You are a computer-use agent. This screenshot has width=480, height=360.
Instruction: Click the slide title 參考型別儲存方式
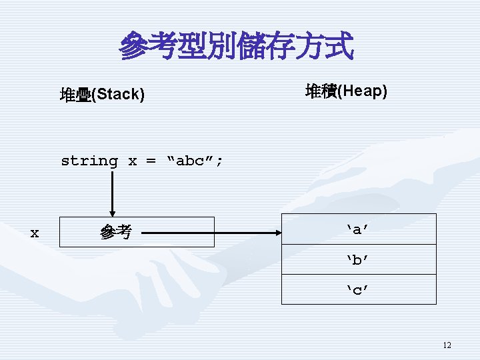click(236, 47)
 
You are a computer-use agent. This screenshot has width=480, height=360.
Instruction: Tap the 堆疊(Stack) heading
click(102, 95)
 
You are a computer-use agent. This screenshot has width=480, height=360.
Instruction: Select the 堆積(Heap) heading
click(346, 91)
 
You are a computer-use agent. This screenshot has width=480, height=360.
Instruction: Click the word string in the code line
click(89, 161)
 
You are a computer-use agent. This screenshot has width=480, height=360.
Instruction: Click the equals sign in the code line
click(151, 161)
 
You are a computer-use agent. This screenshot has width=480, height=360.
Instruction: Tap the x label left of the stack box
click(35, 233)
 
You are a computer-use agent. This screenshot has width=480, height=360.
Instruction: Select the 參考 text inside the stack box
click(115, 233)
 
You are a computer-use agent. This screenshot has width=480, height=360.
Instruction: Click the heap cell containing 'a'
click(359, 229)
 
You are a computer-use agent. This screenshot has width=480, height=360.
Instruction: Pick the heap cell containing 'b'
click(359, 259)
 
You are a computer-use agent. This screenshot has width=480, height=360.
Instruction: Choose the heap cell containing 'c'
click(359, 289)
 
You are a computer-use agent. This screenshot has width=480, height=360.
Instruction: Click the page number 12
click(447, 345)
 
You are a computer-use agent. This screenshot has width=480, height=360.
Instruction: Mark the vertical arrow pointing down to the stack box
click(112, 193)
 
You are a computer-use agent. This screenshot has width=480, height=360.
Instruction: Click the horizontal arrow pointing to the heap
click(210, 233)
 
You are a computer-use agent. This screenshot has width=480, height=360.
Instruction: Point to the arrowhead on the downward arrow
click(112, 213)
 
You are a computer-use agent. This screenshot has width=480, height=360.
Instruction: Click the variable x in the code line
click(132, 161)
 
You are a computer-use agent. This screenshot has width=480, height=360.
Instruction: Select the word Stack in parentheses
click(118, 95)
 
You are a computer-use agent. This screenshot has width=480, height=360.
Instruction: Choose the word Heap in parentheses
click(362, 91)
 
